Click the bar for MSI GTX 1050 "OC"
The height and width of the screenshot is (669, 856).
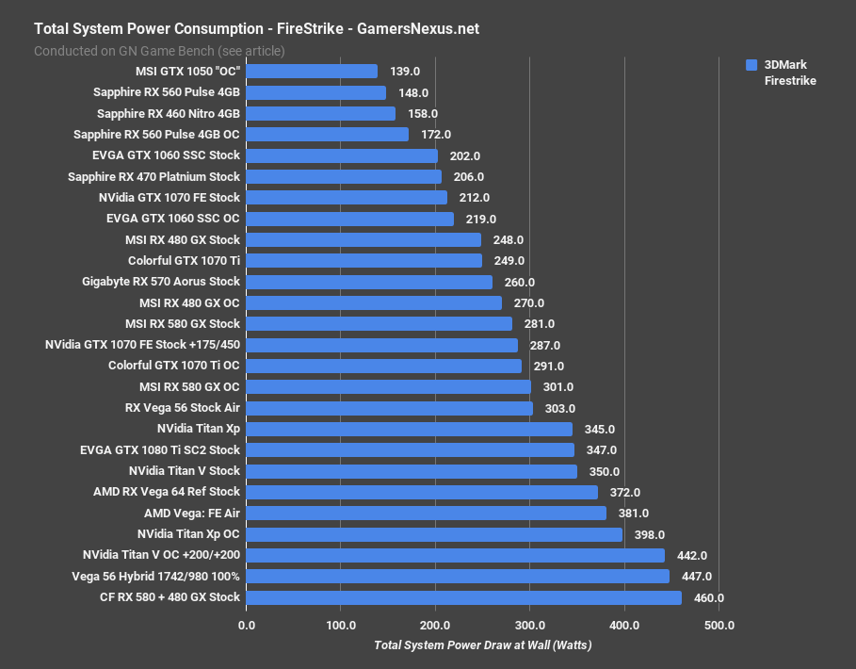(x=312, y=72)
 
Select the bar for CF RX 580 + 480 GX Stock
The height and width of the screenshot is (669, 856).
(x=463, y=597)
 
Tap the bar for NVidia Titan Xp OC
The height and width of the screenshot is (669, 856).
(x=434, y=534)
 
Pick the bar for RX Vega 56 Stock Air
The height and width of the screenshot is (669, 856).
(x=389, y=408)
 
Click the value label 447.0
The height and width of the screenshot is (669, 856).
(x=696, y=577)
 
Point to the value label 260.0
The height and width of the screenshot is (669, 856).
(x=519, y=282)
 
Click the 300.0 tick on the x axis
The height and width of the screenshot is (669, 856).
(x=529, y=625)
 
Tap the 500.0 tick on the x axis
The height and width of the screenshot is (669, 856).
(x=719, y=625)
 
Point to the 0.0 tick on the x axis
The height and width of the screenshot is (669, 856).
(x=247, y=625)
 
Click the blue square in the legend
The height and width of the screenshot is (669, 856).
(x=751, y=65)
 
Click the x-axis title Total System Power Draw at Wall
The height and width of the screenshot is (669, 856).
(x=483, y=645)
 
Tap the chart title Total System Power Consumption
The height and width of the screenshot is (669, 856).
(x=256, y=28)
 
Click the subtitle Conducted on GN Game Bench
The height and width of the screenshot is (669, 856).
(x=159, y=51)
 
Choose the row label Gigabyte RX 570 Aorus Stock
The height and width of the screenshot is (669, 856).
(x=161, y=282)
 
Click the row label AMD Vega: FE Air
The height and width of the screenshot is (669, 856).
(x=192, y=513)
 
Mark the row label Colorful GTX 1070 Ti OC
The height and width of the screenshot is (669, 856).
(x=174, y=366)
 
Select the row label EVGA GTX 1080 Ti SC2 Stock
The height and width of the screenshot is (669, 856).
(x=160, y=450)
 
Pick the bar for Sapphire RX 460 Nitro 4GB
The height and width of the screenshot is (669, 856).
(x=321, y=113)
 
